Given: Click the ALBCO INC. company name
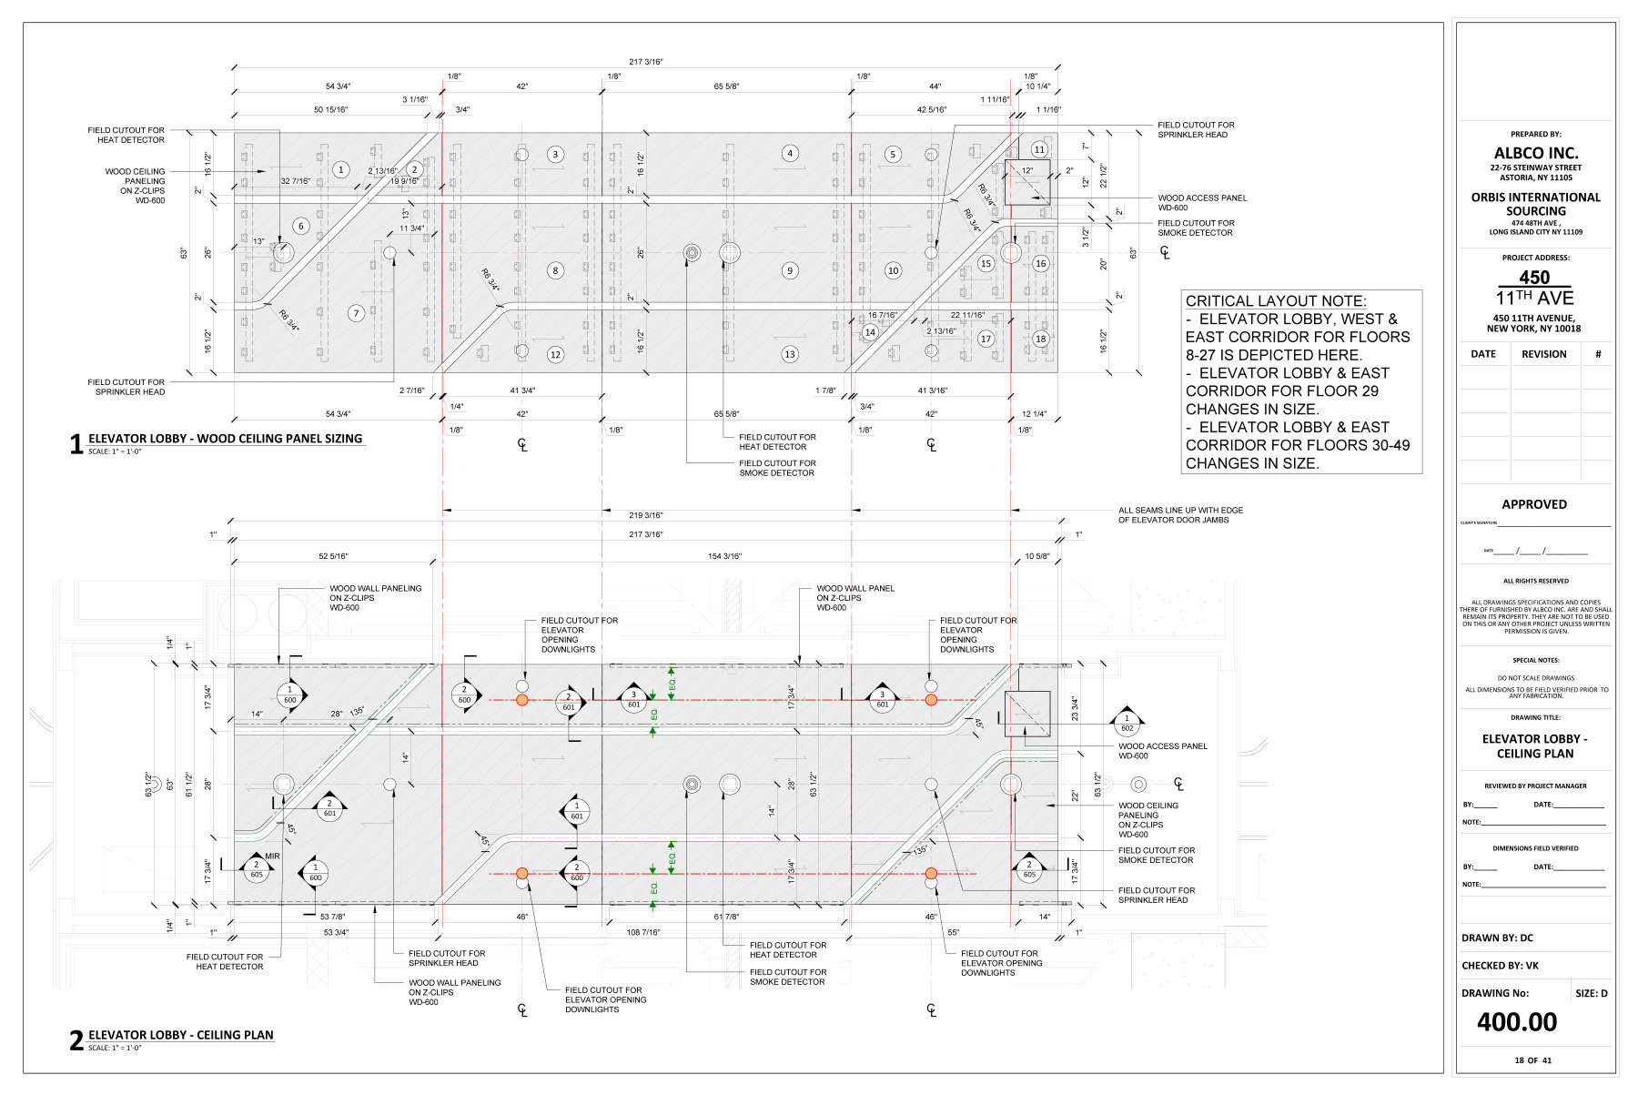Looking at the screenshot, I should (1535, 153).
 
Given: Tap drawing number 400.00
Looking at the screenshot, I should (1516, 1022).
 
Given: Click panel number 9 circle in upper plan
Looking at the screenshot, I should (790, 270).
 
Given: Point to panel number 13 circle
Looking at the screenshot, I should (789, 354).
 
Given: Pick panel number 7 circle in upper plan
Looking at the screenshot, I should (356, 313).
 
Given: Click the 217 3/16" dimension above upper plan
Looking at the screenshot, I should (645, 62).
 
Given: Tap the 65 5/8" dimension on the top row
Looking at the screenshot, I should (726, 86).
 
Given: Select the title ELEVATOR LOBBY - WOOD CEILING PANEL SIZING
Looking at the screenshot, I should (225, 439).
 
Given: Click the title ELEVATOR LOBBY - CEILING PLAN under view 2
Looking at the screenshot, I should (180, 1035).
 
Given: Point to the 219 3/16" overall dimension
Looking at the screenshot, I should (645, 516).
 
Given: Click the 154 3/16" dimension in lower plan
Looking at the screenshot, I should (724, 556).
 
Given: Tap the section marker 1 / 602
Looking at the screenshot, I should (1127, 723).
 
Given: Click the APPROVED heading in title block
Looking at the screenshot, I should (1534, 504).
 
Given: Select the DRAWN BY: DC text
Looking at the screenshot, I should (1497, 938).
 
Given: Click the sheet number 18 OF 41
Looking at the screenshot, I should (1532, 1060).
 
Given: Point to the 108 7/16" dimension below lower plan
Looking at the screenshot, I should (643, 933).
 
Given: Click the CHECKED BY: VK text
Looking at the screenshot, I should (1500, 966).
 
